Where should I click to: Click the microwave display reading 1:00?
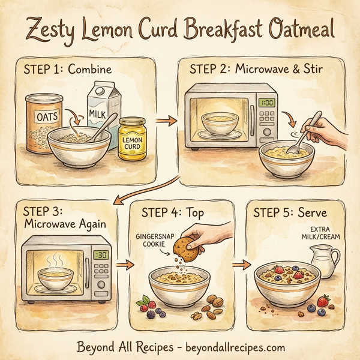(x=267, y=103)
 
